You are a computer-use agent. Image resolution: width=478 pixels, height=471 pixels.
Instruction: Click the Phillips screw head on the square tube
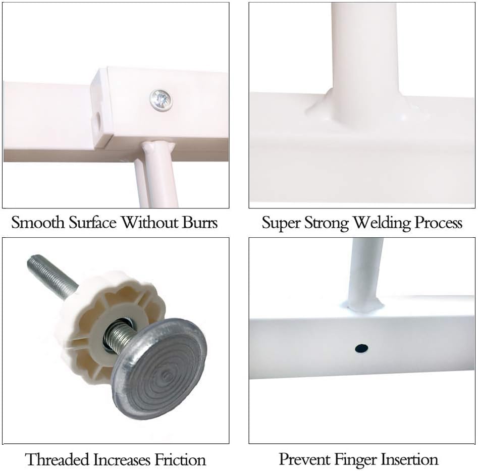[161, 100]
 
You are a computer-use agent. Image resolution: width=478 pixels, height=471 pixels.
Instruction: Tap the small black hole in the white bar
[361, 348]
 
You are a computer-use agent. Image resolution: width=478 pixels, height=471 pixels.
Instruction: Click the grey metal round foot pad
[159, 368]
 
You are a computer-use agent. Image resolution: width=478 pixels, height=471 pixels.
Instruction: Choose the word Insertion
[410, 459]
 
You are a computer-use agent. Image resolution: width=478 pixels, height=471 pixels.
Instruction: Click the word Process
[438, 223]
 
